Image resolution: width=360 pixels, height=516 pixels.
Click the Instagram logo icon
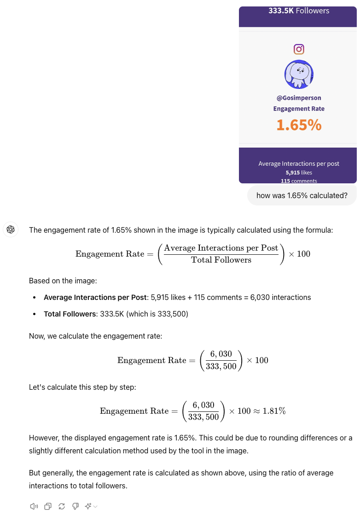[299, 49]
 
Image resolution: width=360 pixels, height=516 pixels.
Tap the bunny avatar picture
[299, 74]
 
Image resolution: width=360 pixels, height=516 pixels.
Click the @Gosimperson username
[299, 98]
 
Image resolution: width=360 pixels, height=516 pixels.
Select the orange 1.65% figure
[299, 125]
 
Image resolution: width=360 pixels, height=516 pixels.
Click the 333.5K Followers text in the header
[299, 11]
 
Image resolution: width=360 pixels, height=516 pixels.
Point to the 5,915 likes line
[299, 172]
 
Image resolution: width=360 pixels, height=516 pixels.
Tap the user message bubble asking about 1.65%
[302, 195]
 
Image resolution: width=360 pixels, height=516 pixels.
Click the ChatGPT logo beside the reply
[11, 229]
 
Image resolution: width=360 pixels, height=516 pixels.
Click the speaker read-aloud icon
[34, 506]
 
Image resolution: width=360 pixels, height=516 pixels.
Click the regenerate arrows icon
[62, 506]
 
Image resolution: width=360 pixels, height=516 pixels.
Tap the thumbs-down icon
[75, 506]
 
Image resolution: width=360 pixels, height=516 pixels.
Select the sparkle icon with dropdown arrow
[91, 506]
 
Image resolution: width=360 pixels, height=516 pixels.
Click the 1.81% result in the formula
[274, 411]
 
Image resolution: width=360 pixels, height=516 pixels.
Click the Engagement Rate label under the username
[299, 109]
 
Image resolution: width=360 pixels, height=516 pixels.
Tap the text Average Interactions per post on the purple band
[299, 164]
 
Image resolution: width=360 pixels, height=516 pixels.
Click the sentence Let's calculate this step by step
[82, 387]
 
